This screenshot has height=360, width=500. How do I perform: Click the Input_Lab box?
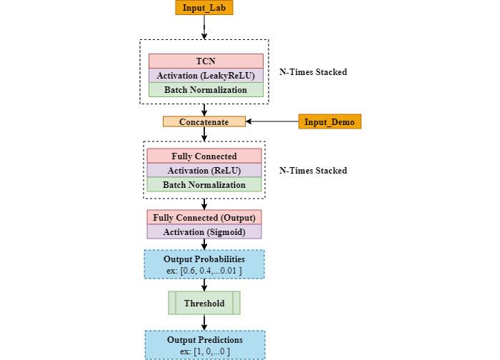click(x=204, y=8)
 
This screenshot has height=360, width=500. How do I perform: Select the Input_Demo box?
click(x=329, y=121)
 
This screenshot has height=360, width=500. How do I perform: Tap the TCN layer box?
click(x=206, y=61)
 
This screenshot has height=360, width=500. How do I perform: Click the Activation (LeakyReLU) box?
click(x=206, y=76)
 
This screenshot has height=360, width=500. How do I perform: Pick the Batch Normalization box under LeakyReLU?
click(x=206, y=90)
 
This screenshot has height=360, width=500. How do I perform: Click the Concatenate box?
click(x=204, y=121)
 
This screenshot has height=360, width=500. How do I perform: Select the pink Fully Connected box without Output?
click(x=204, y=156)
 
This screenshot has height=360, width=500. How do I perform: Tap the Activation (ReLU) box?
click(x=204, y=171)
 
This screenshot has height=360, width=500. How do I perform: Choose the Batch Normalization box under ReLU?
click(x=204, y=185)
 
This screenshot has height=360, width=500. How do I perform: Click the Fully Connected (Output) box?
click(x=204, y=217)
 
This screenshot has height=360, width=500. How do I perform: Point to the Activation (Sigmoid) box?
click(x=204, y=232)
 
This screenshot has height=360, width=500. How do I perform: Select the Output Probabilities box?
click(x=204, y=264)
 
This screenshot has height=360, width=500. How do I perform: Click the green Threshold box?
click(x=204, y=303)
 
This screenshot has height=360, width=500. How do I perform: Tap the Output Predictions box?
click(x=204, y=344)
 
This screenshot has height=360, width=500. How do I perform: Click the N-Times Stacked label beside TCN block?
click(x=313, y=72)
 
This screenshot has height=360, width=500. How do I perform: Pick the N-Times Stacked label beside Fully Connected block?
click(x=313, y=171)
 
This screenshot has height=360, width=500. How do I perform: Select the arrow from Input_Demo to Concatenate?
click(x=272, y=121)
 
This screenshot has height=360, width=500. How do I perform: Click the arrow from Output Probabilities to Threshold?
click(x=204, y=285)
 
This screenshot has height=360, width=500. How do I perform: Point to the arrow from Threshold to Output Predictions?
click(x=204, y=322)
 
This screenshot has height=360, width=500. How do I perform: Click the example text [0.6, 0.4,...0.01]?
click(x=204, y=271)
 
